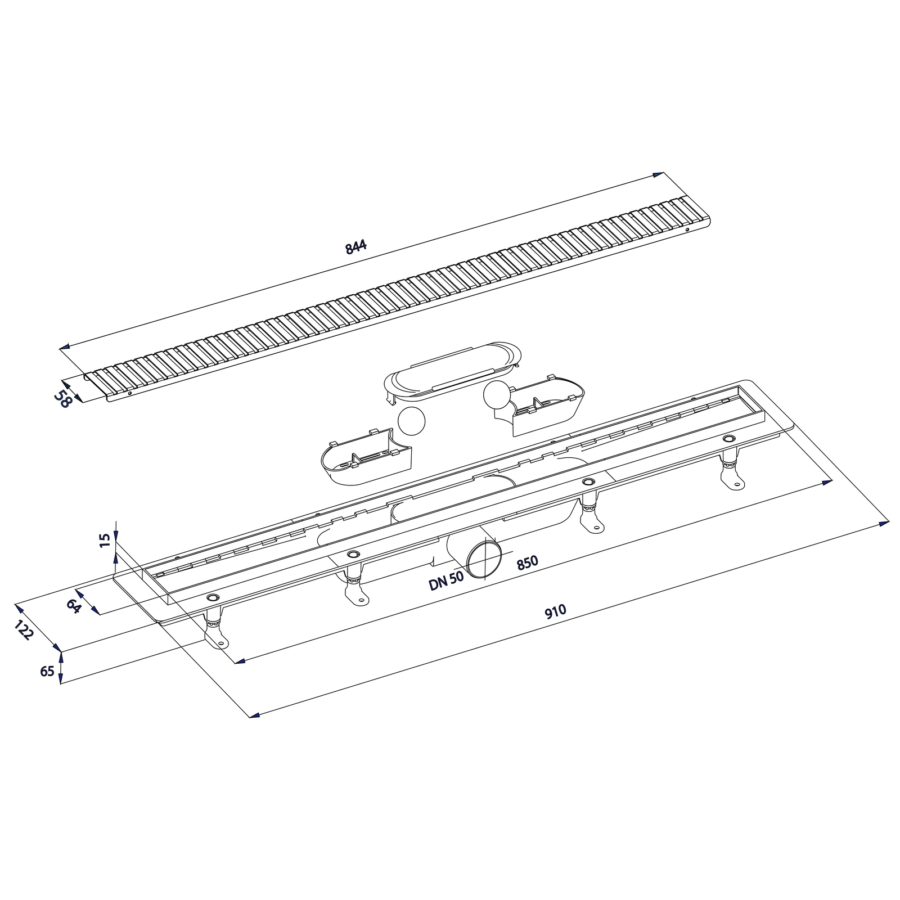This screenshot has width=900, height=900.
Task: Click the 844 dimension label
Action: tap(356, 247)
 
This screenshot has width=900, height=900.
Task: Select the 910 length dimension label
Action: tap(555, 612)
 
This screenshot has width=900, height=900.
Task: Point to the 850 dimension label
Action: tap(527, 562)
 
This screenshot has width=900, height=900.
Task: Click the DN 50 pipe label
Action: tap(446, 580)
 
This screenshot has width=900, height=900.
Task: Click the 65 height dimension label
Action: tap(47, 671)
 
